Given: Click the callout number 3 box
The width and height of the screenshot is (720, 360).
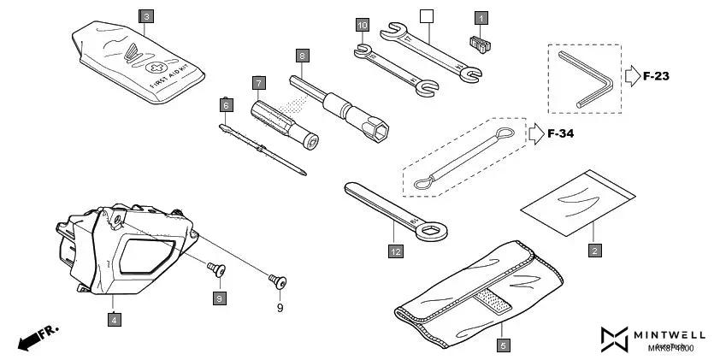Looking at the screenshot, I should (x=147, y=16).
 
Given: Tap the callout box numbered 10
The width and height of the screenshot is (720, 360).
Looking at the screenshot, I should (x=363, y=27).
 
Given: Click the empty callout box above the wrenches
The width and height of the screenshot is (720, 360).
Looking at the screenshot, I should (x=427, y=15).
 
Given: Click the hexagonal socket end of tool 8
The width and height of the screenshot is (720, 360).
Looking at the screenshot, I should (x=378, y=129).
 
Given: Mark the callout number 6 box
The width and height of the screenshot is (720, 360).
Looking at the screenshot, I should (x=226, y=105).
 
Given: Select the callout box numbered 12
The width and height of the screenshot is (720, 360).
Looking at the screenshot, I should (x=394, y=251).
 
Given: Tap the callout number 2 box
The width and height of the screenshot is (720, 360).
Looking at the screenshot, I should (x=594, y=251).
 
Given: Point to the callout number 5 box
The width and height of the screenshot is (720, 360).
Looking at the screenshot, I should (x=503, y=345).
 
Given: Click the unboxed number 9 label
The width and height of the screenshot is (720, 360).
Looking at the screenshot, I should (x=278, y=307).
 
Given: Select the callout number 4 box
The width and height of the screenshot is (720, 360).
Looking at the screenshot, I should (x=113, y=319).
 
